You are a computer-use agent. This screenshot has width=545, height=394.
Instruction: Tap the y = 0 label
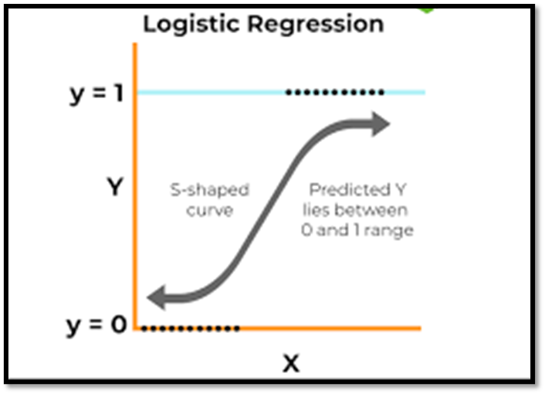coord(96,325)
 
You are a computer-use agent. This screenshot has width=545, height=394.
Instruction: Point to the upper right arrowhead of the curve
coord(381,123)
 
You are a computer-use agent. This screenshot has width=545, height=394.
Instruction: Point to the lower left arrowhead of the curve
coord(159,295)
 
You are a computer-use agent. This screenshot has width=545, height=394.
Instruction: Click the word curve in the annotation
coord(209,210)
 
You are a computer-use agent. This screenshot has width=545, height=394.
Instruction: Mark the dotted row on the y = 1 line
coord(334,93)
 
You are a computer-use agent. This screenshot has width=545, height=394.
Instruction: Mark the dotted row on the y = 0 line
coord(191,329)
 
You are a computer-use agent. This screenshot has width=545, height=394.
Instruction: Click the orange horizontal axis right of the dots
coord(332,329)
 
